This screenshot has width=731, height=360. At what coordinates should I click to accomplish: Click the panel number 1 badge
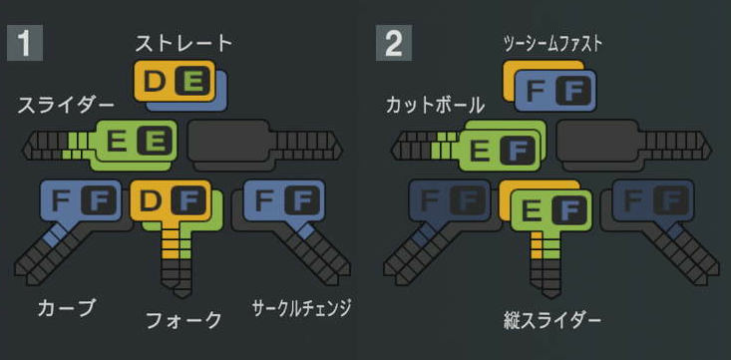point(25,43)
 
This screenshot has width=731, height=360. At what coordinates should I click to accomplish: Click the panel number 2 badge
point(394,43)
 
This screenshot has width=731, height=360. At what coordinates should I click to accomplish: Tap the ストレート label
point(183,43)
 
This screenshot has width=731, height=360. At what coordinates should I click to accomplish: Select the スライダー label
point(66,106)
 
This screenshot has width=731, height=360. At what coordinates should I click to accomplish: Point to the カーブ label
point(66,308)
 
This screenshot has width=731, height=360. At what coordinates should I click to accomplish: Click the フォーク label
point(183,320)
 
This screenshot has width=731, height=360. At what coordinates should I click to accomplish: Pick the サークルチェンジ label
point(301,309)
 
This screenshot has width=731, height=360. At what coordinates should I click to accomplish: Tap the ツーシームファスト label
point(552,43)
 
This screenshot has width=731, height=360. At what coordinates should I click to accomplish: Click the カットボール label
point(435,107)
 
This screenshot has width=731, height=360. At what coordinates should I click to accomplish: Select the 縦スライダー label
point(552,321)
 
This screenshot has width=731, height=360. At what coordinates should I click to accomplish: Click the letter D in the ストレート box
point(155,82)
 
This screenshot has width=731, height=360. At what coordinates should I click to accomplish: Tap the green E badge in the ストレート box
point(192,82)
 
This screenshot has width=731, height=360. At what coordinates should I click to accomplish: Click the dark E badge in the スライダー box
point(155,141)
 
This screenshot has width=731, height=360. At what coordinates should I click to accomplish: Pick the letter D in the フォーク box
point(151,200)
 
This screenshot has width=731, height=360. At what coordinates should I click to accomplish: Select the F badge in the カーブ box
point(99,200)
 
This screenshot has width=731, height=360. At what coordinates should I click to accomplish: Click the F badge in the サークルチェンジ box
point(302,200)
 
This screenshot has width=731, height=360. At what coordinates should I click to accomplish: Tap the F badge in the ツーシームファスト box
point(573,91)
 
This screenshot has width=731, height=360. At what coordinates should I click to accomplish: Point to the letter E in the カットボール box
point(480,151)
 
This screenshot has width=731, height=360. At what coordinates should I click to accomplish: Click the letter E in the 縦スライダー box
point(531,210)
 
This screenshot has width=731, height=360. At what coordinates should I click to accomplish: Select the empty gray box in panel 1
point(228,141)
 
